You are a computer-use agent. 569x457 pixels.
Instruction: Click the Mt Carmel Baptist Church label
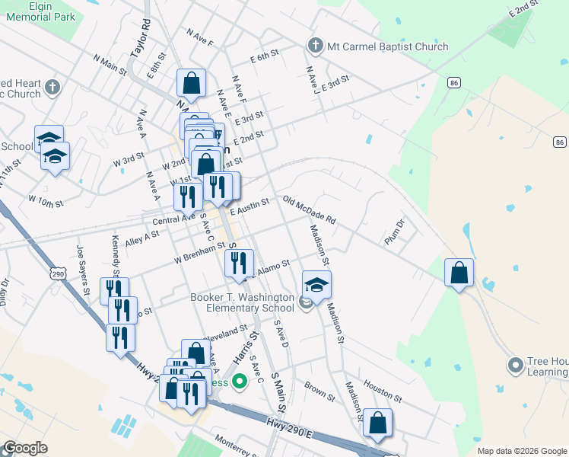387,46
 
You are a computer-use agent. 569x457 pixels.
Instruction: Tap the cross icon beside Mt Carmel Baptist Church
314,46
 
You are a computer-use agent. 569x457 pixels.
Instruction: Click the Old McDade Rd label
309,210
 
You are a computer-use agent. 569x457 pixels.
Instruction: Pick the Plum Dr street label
395,232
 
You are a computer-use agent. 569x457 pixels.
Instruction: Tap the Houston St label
382,391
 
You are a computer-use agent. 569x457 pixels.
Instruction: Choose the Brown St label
319,391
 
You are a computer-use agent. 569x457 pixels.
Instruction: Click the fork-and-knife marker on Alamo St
239,264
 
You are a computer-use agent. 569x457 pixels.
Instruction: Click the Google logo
24,448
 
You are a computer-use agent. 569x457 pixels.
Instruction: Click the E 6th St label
265,57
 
